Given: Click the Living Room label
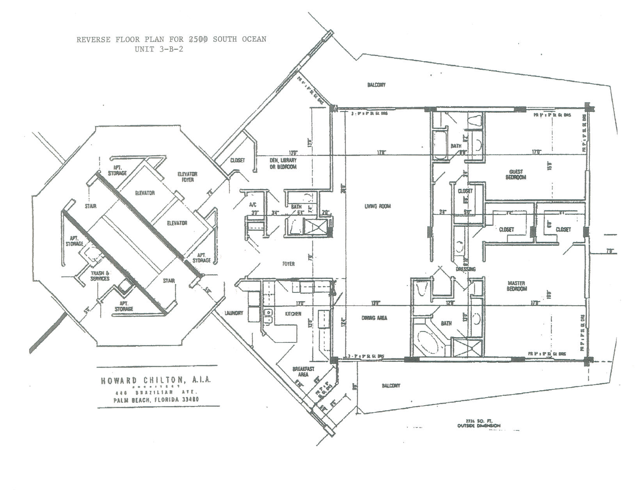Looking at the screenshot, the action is pos(377,206).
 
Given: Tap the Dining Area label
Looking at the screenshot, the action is pos(374,318).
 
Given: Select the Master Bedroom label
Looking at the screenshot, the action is pos(517,286).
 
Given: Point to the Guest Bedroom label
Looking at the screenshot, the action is pos(516,174).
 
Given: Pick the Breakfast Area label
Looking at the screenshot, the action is pos(304,372).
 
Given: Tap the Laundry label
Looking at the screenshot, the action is pos(234,313).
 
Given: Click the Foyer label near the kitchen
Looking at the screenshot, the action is pos(288,264).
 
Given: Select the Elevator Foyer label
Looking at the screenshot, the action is pos(188,177).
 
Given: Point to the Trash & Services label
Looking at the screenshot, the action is pos(100,276).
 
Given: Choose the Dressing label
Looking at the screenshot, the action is pos(465,269).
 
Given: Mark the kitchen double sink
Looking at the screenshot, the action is pos(268,317).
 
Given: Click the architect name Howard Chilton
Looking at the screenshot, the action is pos(156,380).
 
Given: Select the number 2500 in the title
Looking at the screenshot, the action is pos(198,39).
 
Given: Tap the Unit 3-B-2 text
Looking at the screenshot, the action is pos(159,50).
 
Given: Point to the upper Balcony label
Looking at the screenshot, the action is pos(376,85).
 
